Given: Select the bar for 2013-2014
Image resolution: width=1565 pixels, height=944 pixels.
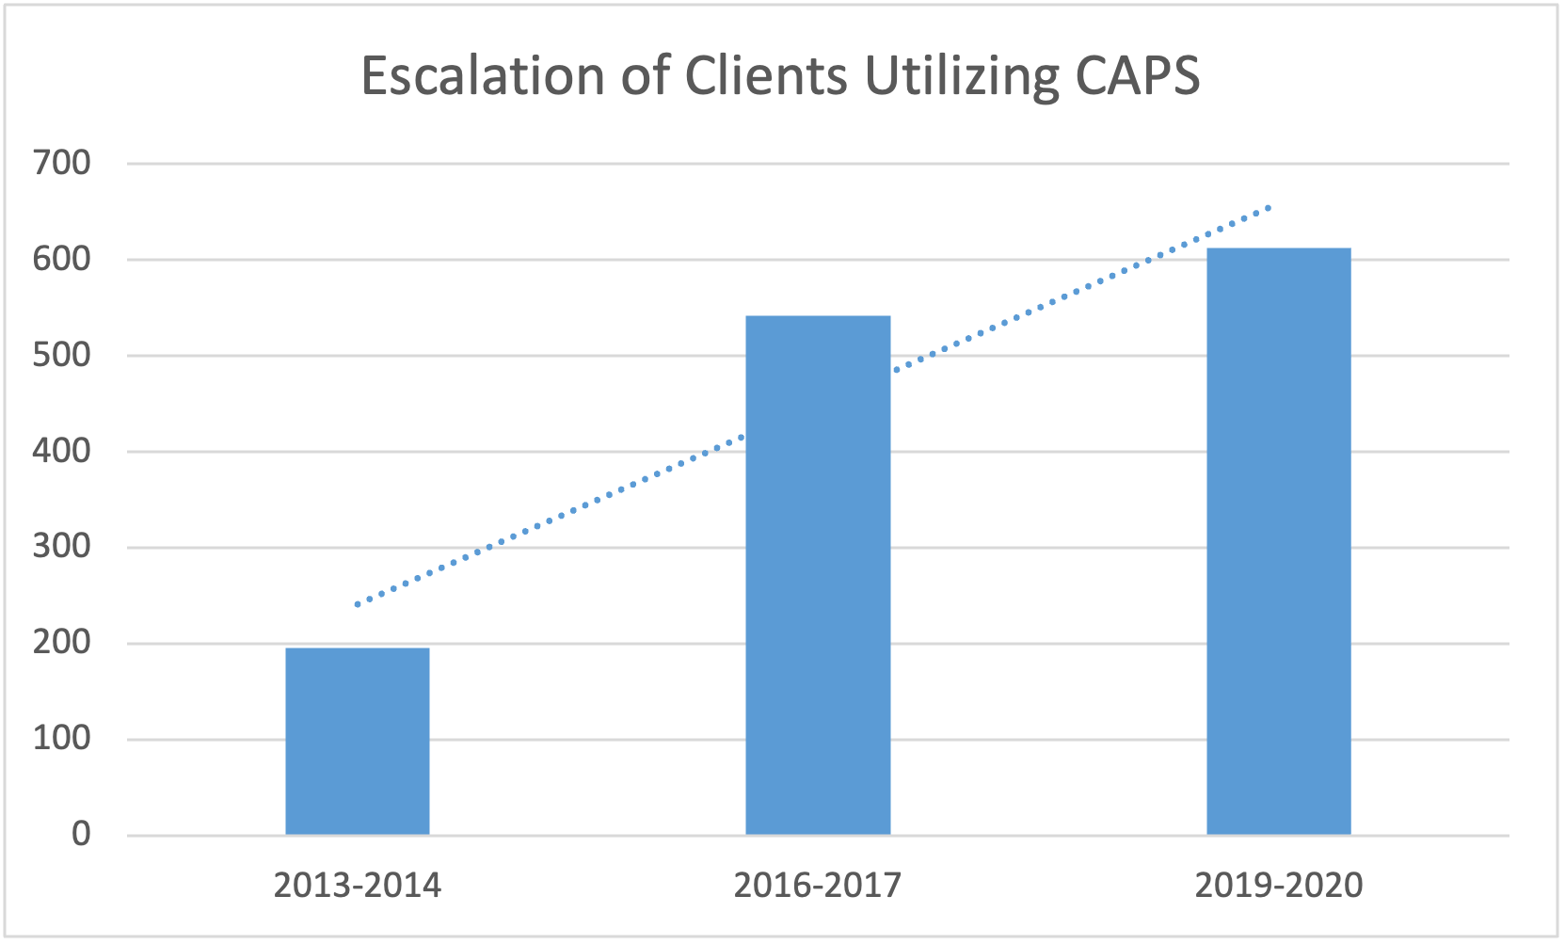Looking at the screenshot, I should coord(358,741).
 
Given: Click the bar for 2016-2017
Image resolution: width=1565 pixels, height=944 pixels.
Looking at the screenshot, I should coord(818,575).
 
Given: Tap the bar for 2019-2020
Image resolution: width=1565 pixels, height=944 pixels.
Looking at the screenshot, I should coord(1278,541).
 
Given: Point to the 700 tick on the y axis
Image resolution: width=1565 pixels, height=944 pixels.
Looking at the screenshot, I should coord(62,163).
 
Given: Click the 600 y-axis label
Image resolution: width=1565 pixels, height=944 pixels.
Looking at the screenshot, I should coord(62,259).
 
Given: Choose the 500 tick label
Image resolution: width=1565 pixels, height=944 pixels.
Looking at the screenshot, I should coord(62,355).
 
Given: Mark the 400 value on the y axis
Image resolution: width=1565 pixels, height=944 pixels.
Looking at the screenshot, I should coord(62,451).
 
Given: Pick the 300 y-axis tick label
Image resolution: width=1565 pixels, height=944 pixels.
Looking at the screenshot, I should coord(62,547).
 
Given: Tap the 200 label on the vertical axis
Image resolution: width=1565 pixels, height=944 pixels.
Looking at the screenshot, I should coord(62,643).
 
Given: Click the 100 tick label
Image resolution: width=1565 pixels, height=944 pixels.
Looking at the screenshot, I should coord(62,739).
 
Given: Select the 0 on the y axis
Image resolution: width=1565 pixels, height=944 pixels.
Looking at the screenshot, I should coord(81,834).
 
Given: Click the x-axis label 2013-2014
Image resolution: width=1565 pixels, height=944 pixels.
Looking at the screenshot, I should coord(358,886).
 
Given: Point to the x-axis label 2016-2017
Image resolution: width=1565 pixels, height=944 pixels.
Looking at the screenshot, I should coord(818,886).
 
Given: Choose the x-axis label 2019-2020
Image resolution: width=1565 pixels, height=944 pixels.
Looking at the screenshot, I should coord(1278,886).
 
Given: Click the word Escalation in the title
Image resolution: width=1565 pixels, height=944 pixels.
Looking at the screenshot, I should coord(482,75).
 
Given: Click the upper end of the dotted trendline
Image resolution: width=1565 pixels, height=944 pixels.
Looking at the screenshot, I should coord(1270,207).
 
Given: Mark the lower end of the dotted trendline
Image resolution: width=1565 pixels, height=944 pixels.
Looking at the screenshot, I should coord(358,604).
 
